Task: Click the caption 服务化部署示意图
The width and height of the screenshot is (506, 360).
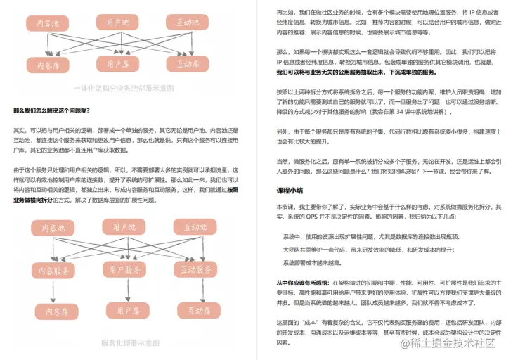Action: click(130, 343)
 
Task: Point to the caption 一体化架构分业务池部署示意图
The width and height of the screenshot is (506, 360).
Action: click(124, 88)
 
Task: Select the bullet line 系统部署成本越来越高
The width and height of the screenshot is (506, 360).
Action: click(311, 262)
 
